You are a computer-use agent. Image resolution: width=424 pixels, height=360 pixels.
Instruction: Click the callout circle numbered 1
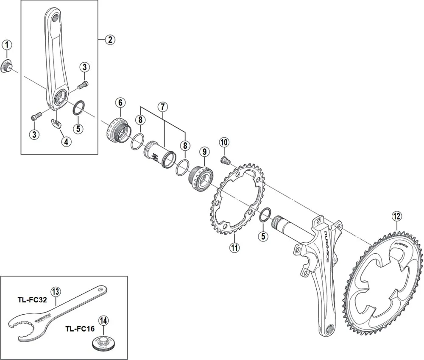point(7,44)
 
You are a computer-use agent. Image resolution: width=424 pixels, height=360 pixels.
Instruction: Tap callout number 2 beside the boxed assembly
point(109,40)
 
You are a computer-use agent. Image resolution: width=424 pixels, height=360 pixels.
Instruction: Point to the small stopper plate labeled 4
point(56,123)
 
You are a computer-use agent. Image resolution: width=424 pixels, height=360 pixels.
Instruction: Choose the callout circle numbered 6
point(120,102)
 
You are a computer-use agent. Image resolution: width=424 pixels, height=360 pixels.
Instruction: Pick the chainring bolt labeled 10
point(225,160)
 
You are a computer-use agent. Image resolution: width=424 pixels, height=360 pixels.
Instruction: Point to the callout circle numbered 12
point(396,216)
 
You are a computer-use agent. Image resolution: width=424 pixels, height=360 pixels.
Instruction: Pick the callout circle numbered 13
point(56,291)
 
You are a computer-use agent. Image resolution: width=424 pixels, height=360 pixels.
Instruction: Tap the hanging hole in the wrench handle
point(100,290)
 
